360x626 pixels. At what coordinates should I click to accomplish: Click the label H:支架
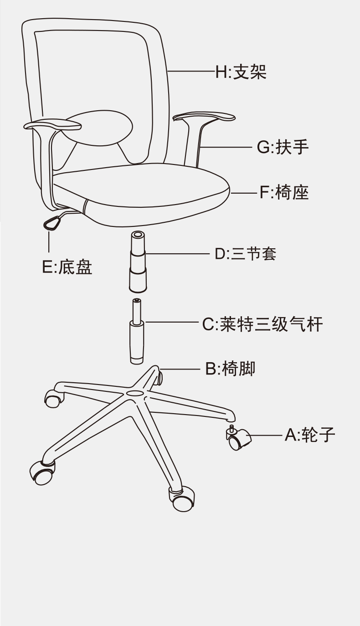click(241, 72)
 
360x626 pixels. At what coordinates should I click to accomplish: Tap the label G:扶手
click(283, 148)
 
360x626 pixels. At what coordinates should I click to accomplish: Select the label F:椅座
click(284, 193)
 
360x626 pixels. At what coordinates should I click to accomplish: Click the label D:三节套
click(245, 254)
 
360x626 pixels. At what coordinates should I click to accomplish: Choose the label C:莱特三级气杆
click(262, 325)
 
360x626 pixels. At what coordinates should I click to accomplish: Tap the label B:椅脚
click(230, 368)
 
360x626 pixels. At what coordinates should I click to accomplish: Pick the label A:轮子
click(310, 435)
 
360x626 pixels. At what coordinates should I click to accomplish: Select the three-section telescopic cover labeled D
click(138, 262)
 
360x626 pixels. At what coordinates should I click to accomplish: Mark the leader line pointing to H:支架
click(191, 72)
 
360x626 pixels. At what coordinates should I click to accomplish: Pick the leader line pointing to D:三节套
click(178, 254)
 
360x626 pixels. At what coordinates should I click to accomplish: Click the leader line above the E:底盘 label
click(49, 241)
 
